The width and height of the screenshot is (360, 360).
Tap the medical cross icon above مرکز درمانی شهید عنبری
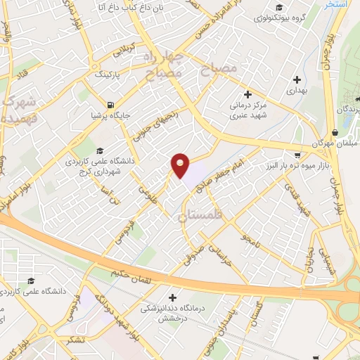click(247, 94)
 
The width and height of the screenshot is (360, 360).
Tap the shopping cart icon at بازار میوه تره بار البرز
click(298, 154)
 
